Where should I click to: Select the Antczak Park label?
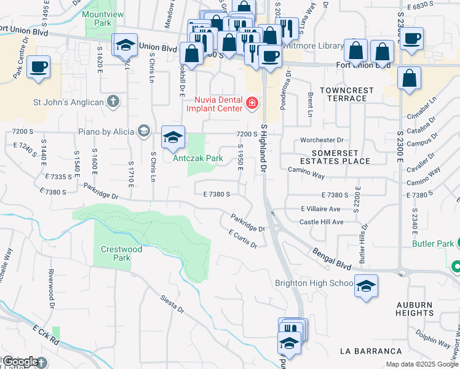click(x=197, y=158)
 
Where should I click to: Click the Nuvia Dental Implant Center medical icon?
click(x=252, y=102)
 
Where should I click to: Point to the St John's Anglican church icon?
click(x=113, y=101)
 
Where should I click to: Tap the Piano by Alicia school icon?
click(x=144, y=130)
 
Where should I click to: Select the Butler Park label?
click(x=437, y=244)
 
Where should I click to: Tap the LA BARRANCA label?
click(x=371, y=351)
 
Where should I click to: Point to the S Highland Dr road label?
click(x=264, y=148)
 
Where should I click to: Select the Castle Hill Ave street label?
click(x=321, y=221)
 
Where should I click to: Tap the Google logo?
click(x=20, y=362)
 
